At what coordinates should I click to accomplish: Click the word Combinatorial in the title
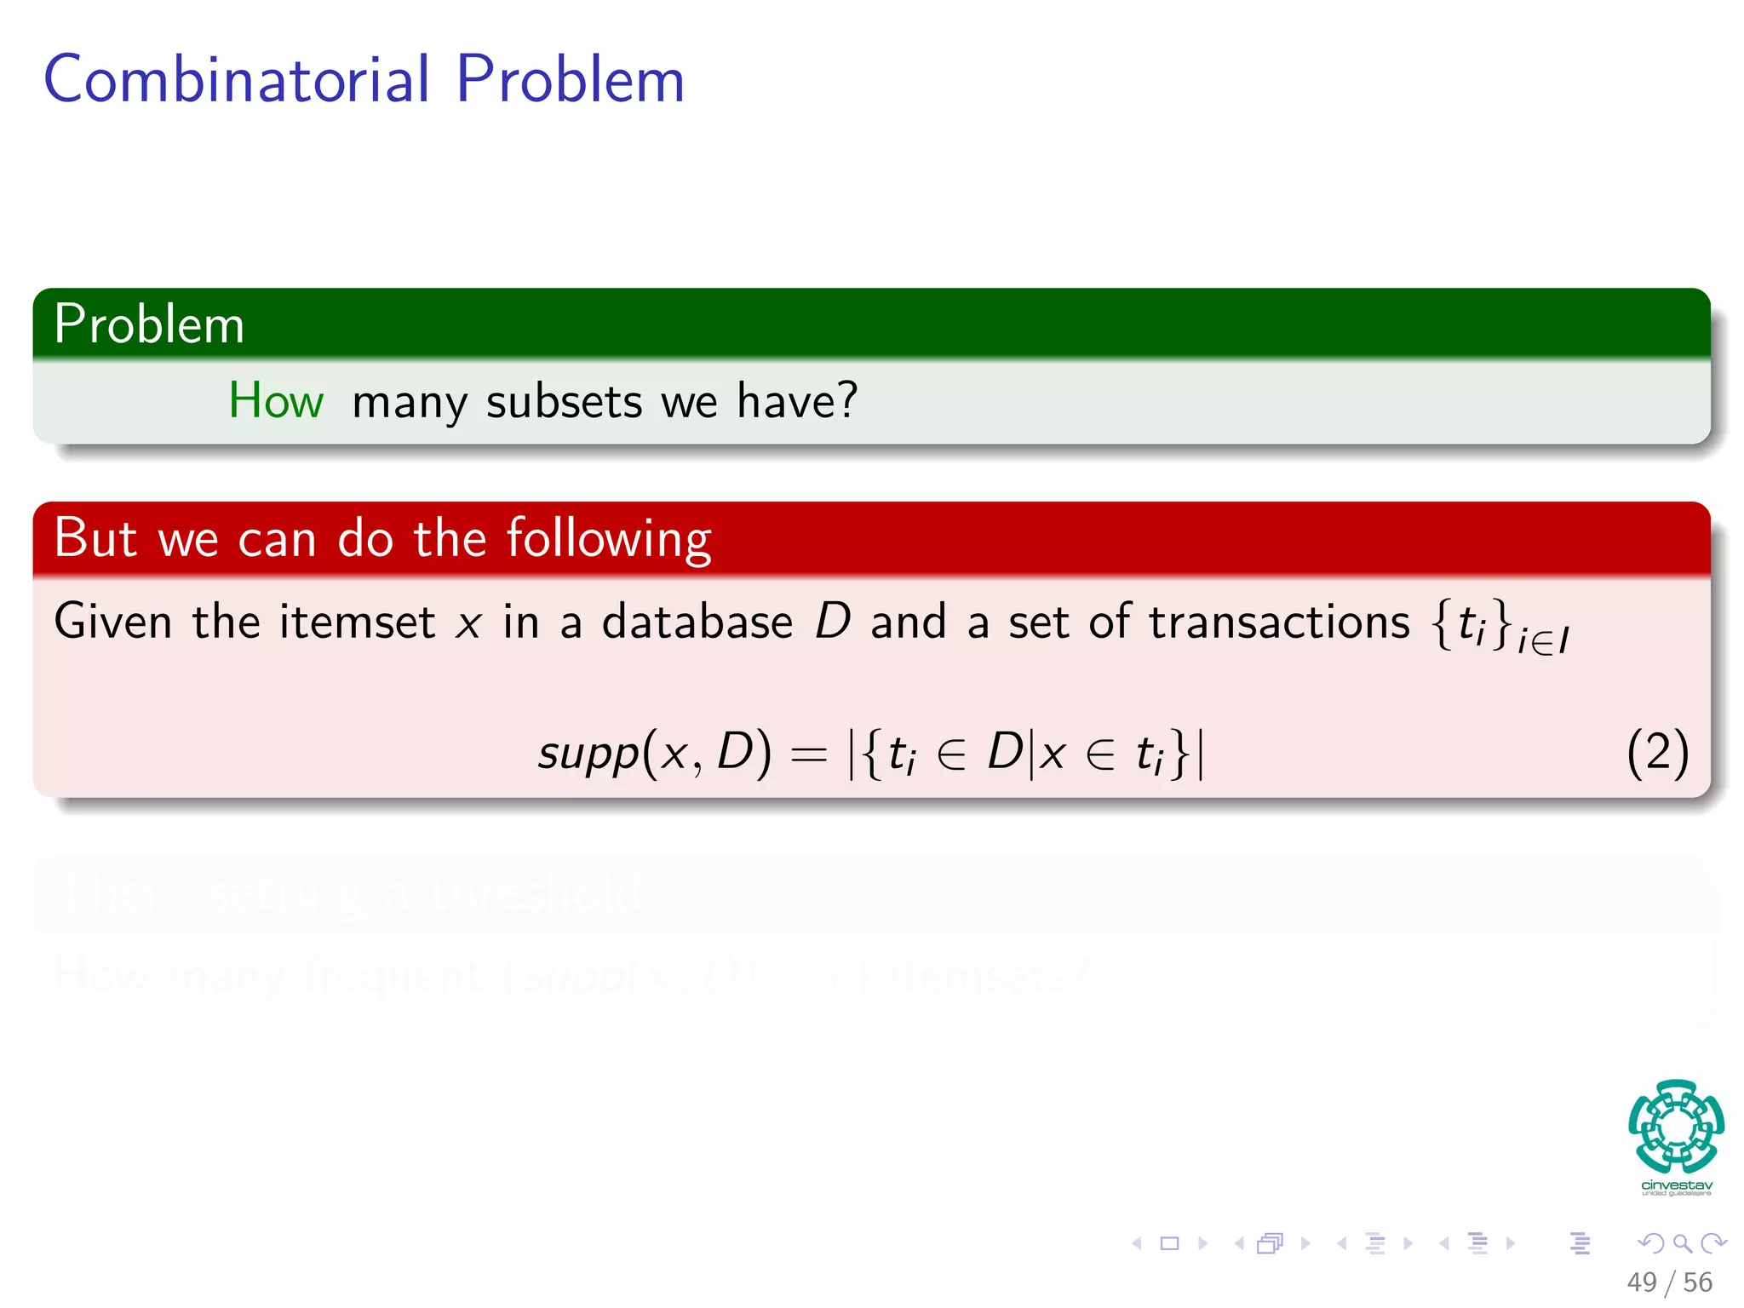pos(236,79)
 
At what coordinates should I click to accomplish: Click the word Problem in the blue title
pos(570,79)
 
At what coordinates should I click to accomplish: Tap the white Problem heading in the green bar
pos(149,324)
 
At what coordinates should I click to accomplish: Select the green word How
pos(276,400)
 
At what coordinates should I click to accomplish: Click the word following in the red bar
pos(609,539)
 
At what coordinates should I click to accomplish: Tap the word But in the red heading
pos(95,538)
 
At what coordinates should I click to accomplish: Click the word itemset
pos(357,622)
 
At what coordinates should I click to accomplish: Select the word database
pos(697,622)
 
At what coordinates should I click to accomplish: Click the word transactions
pos(1279,622)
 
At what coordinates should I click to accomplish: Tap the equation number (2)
pos(1657,753)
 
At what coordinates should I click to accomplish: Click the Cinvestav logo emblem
pos(1676,1126)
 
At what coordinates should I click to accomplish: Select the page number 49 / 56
pos(1669,1282)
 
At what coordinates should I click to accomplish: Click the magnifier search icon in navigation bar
pos(1682,1243)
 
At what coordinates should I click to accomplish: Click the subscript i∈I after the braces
pos(1543,641)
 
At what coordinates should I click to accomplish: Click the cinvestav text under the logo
pos(1676,1185)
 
